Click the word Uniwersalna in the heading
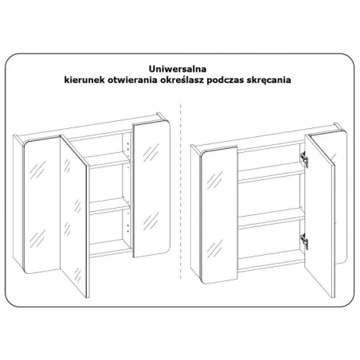click(x=178, y=68)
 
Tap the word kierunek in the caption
click(x=84, y=80)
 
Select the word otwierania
click(x=132, y=80)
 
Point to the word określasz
click(x=182, y=80)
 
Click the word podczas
click(x=225, y=80)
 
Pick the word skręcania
click(x=268, y=80)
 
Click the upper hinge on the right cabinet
click(x=304, y=159)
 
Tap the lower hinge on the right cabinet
click(x=304, y=241)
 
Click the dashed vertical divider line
click(x=181, y=189)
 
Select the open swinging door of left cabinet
click(x=74, y=216)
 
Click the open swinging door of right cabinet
click(x=320, y=216)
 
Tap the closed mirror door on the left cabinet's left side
click(x=42, y=205)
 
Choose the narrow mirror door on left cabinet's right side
click(x=151, y=189)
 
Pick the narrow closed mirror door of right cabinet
click(x=219, y=214)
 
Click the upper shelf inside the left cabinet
click(x=109, y=160)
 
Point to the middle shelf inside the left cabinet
click(x=109, y=206)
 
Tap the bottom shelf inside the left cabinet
click(x=111, y=248)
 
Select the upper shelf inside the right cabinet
click(x=272, y=173)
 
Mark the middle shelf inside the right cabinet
click(x=272, y=218)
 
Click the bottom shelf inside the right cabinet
click(x=272, y=261)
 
